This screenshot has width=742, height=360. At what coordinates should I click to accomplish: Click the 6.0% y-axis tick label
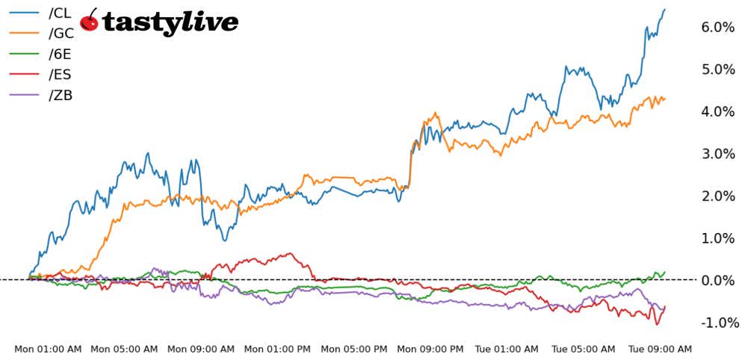pos(718,28)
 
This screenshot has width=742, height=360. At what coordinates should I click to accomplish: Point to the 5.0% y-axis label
pos(718,69)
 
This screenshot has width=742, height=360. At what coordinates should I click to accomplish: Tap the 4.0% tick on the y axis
pos(718,112)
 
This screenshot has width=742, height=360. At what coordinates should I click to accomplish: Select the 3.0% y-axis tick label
pos(718,154)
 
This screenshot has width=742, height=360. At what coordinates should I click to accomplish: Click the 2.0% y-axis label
pos(718,196)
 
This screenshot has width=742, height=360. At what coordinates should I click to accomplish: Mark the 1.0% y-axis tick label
pos(718,238)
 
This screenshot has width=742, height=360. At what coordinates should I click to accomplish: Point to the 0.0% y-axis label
pos(718,281)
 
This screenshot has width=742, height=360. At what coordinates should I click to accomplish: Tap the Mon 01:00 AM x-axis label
pos(48,349)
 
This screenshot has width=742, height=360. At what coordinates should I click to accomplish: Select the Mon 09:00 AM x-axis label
pos(201,349)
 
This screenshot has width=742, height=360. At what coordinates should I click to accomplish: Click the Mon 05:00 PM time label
pos(354,349)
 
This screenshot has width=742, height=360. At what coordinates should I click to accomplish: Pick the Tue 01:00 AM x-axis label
pos(507,349)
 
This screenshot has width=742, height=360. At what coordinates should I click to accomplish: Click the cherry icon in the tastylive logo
pos(90,21)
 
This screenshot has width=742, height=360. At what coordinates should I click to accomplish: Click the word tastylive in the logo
pos(170,22)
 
